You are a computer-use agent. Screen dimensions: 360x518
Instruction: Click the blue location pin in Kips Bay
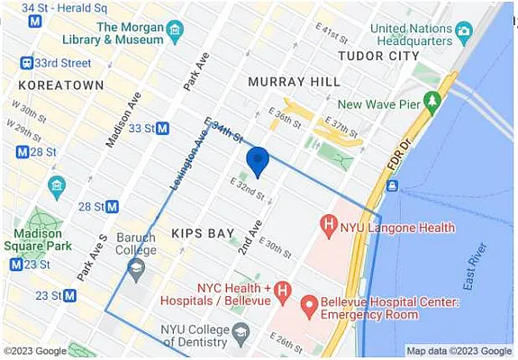[x=258, y=161]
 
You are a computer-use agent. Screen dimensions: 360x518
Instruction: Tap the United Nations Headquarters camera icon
[x=464, y=33]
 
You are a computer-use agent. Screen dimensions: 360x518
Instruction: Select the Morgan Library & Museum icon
[x=176, y=28]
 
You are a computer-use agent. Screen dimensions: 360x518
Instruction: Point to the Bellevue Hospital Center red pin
[x=308, y=307]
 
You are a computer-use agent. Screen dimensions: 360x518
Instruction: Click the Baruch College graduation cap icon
[x=136, y=267]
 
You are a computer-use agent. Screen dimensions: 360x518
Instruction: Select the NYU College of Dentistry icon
[x=241, y=335]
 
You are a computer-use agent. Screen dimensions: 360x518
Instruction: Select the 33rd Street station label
[x=68, y=63]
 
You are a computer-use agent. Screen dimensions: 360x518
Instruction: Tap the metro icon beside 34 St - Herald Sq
[x=35, y=21]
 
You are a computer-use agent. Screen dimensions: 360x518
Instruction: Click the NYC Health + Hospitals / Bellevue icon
[x=282, y=291]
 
